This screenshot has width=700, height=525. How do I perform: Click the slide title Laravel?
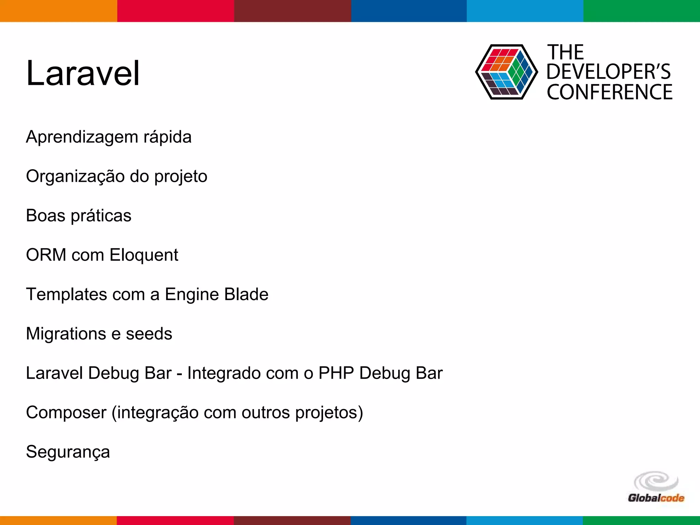coord(83,73)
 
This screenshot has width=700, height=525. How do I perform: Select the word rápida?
coord(167,137)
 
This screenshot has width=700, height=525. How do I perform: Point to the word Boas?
coord(45,216)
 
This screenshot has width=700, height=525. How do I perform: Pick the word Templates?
coord(66,295)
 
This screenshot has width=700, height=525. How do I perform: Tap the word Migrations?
coord(66,334)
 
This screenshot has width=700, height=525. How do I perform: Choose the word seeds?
coord(149,334)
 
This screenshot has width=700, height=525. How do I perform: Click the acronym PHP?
coord(336,373)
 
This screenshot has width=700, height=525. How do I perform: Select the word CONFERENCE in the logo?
coord(609,92)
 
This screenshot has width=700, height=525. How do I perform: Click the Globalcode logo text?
coord(656,498)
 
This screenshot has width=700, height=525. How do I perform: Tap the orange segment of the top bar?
coord(58,11)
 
